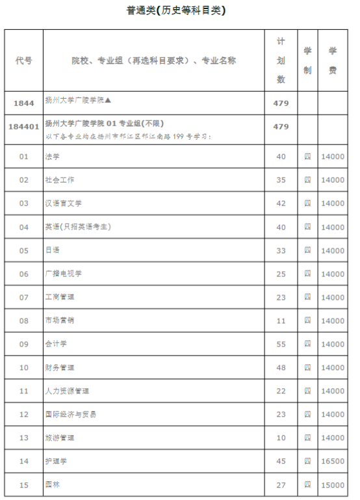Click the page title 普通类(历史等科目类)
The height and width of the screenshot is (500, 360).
pos(180,11)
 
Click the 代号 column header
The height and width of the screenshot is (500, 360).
pos(24,60)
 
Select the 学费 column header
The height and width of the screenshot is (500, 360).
pos(333,60)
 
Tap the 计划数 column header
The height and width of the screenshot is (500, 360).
pos(281,60)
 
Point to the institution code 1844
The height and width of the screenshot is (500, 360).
pos(24,103)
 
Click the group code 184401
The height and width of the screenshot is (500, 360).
pos(24,127)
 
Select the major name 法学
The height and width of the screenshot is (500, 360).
pos(53,157)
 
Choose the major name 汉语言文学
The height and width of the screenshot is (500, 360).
pos(63,204)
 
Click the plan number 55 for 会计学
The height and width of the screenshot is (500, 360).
pos(281,344)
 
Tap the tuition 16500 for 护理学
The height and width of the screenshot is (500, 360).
pos(333,461)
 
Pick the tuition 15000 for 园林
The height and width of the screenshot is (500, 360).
pos(333,484)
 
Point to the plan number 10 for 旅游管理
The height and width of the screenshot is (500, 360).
pos(281,438)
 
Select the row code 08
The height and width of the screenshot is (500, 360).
pos(24,321)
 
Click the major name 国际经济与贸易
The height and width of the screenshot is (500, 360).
pos(71,414)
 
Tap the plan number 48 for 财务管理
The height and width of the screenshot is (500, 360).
pos(281,367)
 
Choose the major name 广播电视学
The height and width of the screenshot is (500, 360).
pos(63,274)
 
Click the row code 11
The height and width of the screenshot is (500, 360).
pos(24,391)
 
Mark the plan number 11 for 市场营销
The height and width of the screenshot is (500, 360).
pos(281,321)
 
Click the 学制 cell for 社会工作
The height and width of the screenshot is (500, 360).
pos(308,180)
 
